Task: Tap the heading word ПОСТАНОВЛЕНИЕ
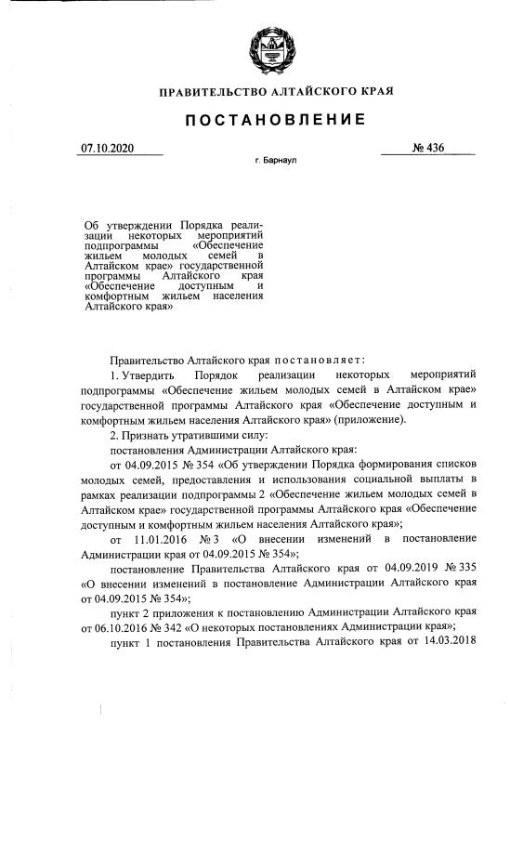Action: [276, 119]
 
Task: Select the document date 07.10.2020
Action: [108, 148]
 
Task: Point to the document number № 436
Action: [429, 148]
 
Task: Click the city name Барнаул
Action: [281, 161]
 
